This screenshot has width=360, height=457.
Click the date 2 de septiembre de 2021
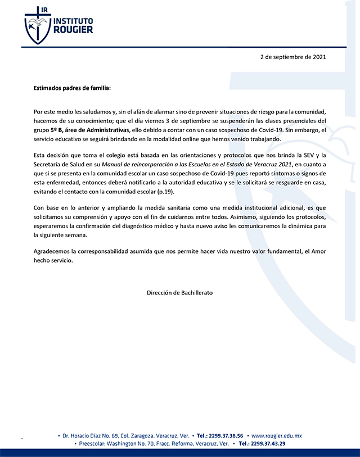pyautogui.click(x=292, y=57)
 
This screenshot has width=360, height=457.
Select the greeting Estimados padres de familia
pyautogui.click(x=71, y=88)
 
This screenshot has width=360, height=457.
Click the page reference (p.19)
pyautogui.click(x=172, y=191)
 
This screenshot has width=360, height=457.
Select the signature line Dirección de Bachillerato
pyautogui.click(x=180, y=293)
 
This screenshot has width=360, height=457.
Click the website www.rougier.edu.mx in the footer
pyautogui.click(x=276, y=436)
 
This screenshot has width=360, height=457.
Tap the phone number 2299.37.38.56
pyautogui.click(x=226, y=436)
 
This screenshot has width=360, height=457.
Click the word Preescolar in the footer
pyautogui.click(x=96, y=444)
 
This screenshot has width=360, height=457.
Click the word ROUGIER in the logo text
pyautogui.click(x=73, y=30)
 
